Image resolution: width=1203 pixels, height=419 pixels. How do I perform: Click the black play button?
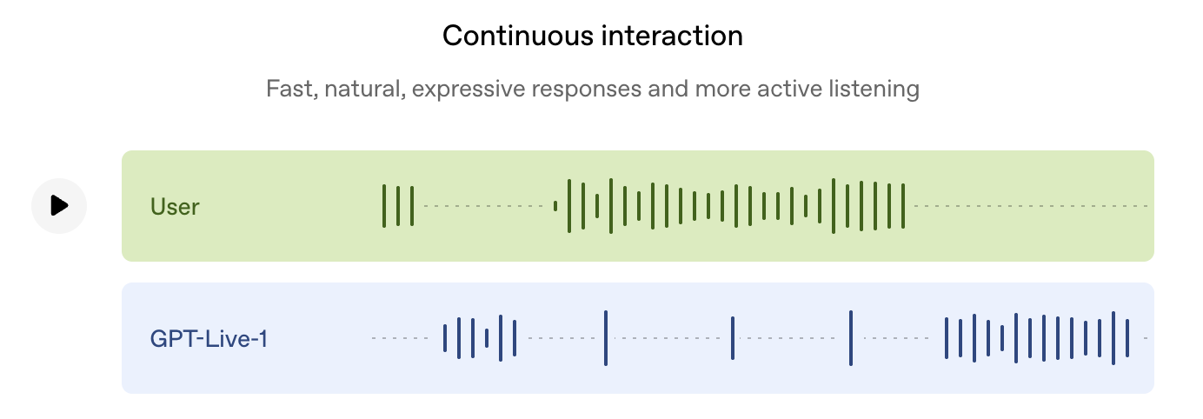59,206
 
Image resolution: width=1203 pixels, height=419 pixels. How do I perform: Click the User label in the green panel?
175,207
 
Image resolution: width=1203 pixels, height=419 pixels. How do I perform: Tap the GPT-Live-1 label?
209,339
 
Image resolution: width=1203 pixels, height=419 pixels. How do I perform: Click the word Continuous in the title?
518,36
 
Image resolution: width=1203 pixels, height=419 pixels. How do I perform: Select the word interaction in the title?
672,36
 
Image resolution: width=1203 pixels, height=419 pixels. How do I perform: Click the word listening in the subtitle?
874,90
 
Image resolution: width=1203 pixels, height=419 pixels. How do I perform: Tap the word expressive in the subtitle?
469,90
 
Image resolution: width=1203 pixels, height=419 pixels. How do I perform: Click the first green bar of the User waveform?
384,206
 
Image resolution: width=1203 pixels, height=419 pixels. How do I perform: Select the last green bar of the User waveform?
903,206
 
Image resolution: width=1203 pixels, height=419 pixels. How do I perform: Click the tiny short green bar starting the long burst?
555,206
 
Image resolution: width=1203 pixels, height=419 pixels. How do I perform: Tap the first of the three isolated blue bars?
606,338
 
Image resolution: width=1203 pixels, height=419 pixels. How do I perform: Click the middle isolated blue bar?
733,338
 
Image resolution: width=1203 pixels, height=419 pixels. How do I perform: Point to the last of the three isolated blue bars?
851,338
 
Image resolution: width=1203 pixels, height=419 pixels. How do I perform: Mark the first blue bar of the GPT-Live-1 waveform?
445,338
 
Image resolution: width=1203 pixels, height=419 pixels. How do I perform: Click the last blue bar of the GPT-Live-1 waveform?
1127,338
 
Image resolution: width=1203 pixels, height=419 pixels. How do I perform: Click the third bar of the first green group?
412,206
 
